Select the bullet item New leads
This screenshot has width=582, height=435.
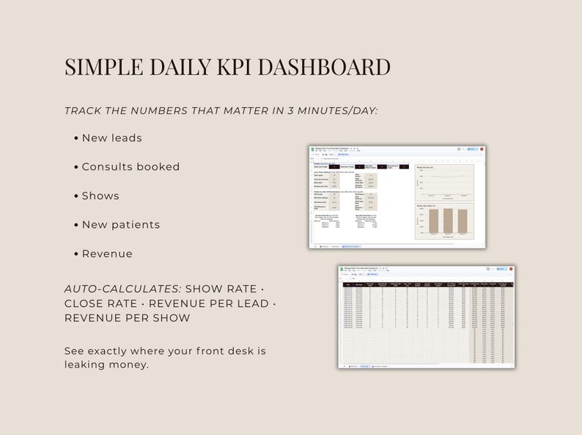click(111, 138)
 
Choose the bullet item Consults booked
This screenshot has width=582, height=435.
click(130, 167)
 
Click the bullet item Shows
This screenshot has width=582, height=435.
click(100, 196)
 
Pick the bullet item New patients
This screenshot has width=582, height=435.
click(120, 225)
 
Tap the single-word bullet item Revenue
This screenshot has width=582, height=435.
click(107, 253)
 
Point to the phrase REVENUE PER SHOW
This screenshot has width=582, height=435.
click(127, 318)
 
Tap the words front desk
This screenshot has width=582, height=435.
click(226, 351)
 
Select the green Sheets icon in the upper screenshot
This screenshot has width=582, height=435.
click(312, 149)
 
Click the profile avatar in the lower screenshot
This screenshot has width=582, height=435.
click(511, 269)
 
